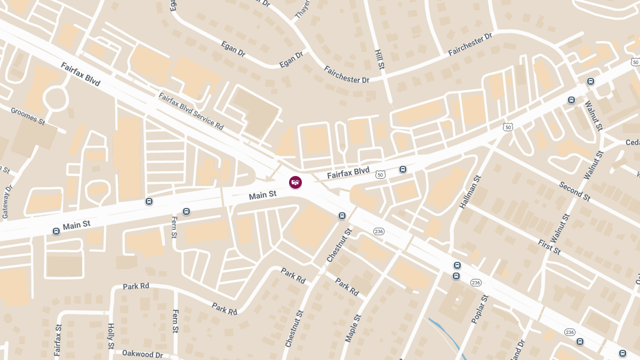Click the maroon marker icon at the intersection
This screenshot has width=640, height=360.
(295, 182)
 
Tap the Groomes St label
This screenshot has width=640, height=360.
(28, 116)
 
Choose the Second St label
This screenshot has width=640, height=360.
(574, 191)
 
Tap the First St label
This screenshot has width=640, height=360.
(549, 247)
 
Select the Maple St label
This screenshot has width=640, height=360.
(353, 328)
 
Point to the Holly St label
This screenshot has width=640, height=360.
(111, 337)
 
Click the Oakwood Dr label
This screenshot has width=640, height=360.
(142, 354)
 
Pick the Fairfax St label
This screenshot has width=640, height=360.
(58, 340)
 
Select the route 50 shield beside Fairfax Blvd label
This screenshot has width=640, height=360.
(380, 174)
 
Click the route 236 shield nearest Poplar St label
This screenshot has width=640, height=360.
(476, 282)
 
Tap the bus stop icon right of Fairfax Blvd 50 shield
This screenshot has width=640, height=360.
(403, 170)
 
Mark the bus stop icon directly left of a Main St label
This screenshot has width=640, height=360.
(56, 231)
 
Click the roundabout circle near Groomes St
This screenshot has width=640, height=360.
(55, 98)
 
